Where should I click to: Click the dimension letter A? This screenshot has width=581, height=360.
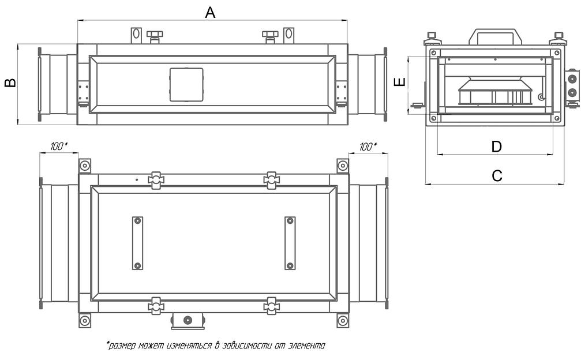(x=211, y=12)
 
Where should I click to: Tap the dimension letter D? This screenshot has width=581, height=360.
(x=496, y=147)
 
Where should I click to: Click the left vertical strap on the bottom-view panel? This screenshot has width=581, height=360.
(x=137, y=243)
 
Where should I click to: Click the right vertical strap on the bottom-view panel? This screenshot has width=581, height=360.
(x=290, y=243)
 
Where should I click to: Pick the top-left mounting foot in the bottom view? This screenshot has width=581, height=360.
(x=85, y=166)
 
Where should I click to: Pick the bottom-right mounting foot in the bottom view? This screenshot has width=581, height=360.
(x=343, y=320)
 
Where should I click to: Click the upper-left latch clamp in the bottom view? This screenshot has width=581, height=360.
(x=155, y=180)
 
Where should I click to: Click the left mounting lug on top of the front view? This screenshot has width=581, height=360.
(x=136, y=35)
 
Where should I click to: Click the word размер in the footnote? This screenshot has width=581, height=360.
(x=122, y=346)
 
